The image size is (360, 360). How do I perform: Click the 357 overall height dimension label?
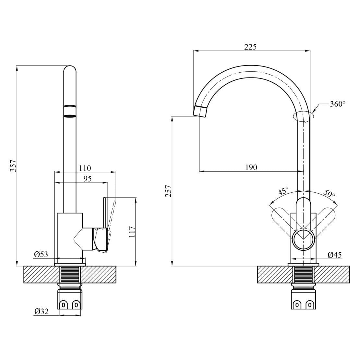(x=13, y=165)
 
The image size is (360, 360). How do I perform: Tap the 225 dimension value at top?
(x=250, y=47)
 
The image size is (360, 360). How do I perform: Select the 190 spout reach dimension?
(x=251, y=167)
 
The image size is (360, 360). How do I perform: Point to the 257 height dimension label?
(x=169, y=191)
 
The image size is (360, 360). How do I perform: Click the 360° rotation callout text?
(x=338, y=104)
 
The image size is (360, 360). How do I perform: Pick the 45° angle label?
(x=283, y=191)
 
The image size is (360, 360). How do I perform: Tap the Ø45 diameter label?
(x=334, y=255)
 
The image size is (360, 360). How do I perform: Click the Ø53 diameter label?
(x=41, y=254)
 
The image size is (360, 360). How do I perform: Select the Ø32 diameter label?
(x=42, y=311)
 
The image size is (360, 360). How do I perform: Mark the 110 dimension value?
(x=85, y=168)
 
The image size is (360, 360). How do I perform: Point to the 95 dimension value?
(x=88, y=179)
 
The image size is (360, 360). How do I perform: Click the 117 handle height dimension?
(x=132, y=232)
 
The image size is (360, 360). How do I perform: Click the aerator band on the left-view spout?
(x=69, y=112)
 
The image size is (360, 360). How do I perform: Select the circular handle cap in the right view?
(x=303, y=239)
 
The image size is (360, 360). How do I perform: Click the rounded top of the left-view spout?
(x=69, y=70)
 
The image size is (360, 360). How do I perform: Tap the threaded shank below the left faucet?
(x=70, y=275)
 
